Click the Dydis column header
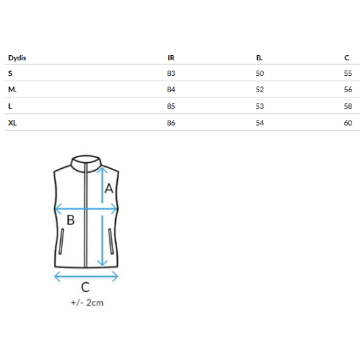coord(17,58)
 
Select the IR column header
coord(171,58)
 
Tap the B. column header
coord(259,58)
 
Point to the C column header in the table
coord(347,58)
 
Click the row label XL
coord(12,123)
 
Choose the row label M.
coord(12,89)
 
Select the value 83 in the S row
coord(171,73)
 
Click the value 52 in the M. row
coord(260,89)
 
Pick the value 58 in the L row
coord(348,106)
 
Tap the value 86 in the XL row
coord(171,123)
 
